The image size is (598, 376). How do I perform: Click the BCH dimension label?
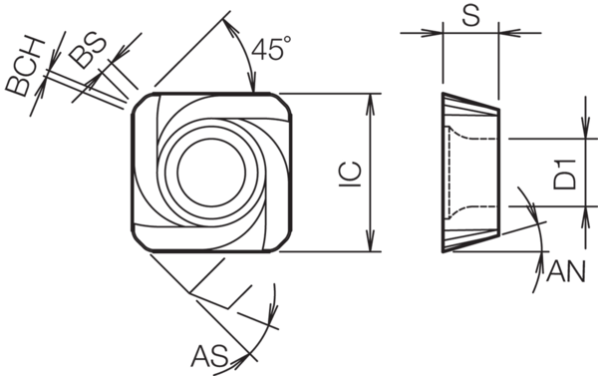[x=26, y=67]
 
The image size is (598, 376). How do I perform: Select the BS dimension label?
[x=88, y=51]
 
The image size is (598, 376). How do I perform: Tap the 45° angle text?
[x=271, y=49]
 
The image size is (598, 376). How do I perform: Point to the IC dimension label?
[x=351, y=175]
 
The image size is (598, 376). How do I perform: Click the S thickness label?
[x=471, y=16]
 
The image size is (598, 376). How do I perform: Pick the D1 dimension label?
[x=565, y=176]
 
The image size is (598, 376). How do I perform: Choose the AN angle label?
[x=565, y=272]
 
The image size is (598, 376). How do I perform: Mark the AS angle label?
[x=209, y=356]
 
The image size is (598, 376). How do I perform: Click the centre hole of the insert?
[x=211, y=172]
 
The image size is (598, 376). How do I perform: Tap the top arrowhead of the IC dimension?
[x=370, y=104]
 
